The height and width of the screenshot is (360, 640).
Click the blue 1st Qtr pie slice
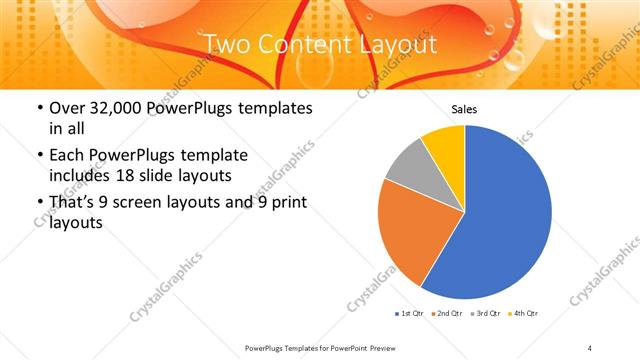point(505,215)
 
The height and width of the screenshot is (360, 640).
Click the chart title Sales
point(464,108)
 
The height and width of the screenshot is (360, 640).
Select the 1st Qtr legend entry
point(409,314)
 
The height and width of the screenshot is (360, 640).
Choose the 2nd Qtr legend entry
point(447,314)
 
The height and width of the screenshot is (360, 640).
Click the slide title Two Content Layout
point(319,44)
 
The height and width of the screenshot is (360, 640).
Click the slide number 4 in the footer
point(591,347)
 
